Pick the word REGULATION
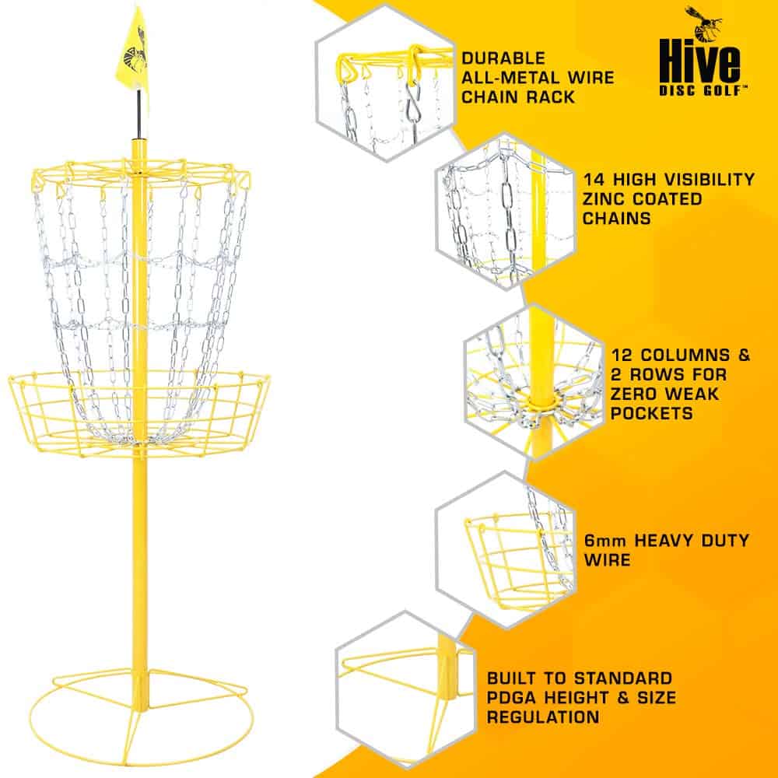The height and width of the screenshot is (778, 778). click(542, 717)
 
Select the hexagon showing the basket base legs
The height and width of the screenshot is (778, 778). click(401, 685)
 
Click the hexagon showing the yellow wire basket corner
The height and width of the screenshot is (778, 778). click(506, 545)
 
